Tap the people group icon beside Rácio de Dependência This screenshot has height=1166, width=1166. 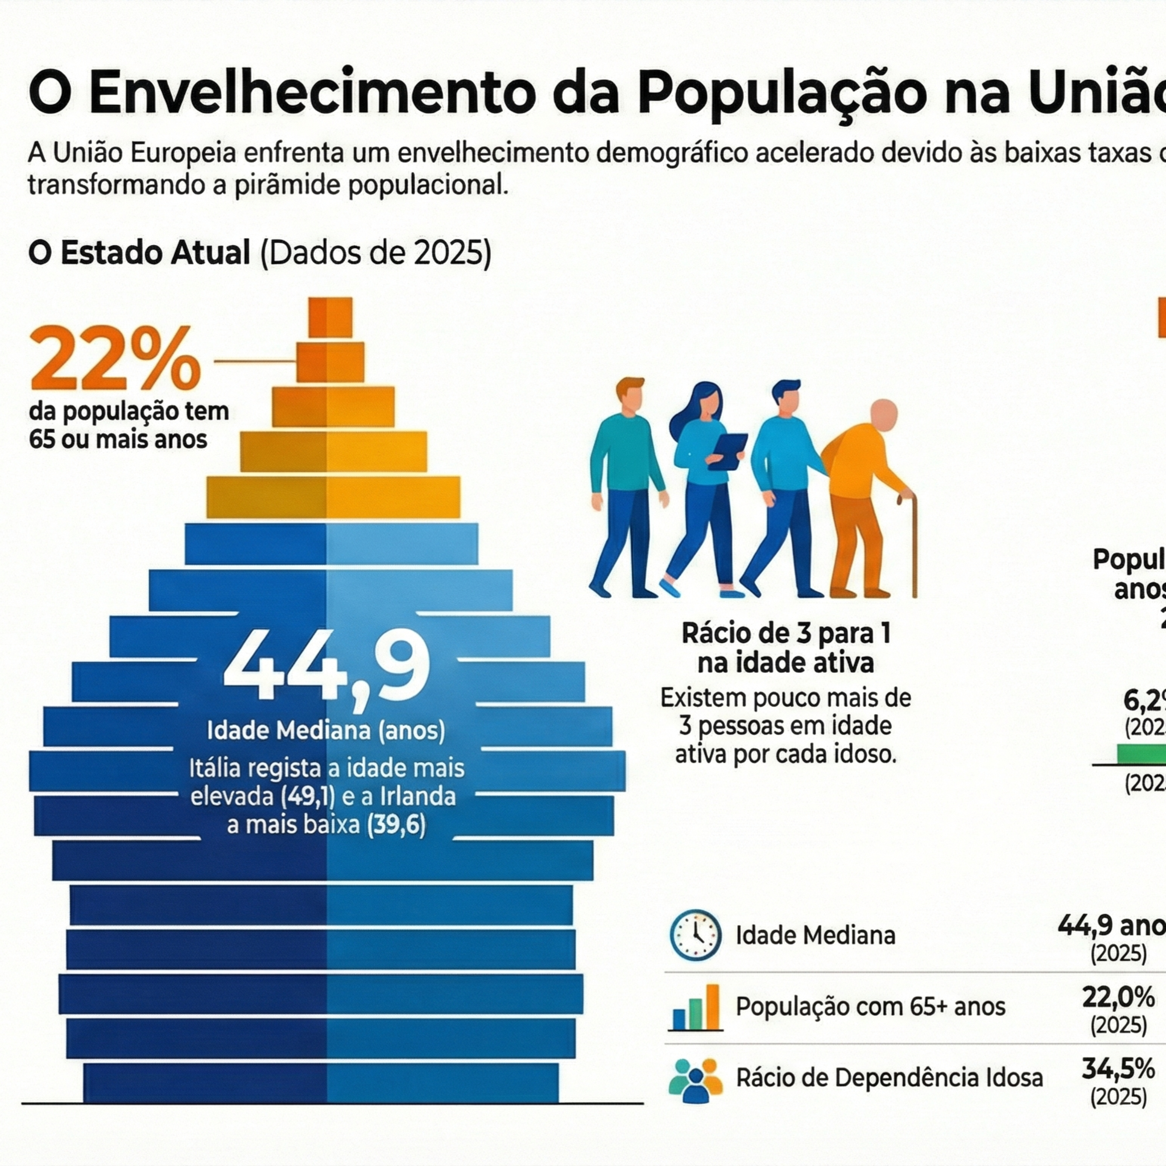pyautogui.click(x=695, y=1080)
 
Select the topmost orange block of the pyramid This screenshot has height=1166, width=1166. pyautogui.click(x=330, y=318)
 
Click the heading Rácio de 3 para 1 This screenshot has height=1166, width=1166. pyautogui.click(x=786, y=633)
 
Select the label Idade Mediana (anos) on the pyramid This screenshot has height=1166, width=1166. pyautogui.click(x=326, y=730)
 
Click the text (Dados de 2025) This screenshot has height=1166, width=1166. pyautogui.click(x=375, y=253)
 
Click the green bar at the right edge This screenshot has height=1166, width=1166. pyautogui.click(x=1141, y=754)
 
